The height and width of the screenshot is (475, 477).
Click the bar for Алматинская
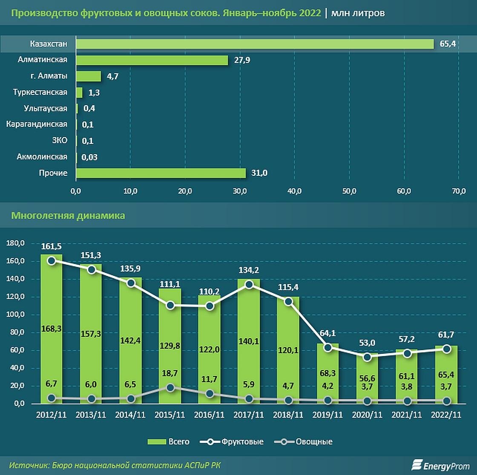click(x=152, y=60)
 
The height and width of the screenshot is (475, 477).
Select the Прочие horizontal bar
click(x=161, y=173)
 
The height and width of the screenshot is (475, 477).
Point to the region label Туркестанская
click(x=40, y=92)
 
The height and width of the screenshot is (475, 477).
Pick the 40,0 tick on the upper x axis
click(x=294, y=192)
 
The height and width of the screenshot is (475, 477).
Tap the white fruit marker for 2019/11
click(x=328, y=347)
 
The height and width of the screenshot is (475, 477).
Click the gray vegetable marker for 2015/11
click(x=170, y=388)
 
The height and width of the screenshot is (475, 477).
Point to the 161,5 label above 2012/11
click(x=52, y=246)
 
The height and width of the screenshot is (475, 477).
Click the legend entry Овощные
click(x=313, y=442)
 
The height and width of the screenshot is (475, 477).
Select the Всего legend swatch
click(x=157, y=442)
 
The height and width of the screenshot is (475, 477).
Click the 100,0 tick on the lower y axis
click(x=16, y=315)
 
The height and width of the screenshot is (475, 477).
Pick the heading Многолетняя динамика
click(x=68, y=216)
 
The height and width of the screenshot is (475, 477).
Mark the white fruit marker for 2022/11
click(x=446, y=349)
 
